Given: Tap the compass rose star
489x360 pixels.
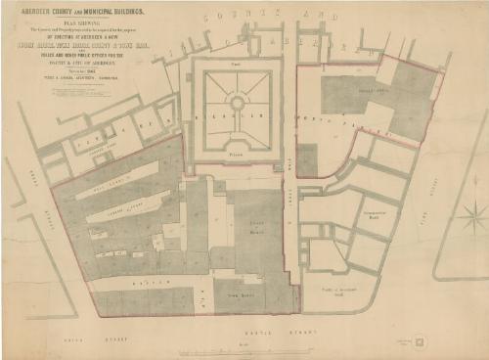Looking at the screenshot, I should [x=472, y=212].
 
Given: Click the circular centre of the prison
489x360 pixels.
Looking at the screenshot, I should [x=236, y=101].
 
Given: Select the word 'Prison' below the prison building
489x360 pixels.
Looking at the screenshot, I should [x=236, y=154].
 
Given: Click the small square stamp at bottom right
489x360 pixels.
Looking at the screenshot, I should [x=420, y=342].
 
